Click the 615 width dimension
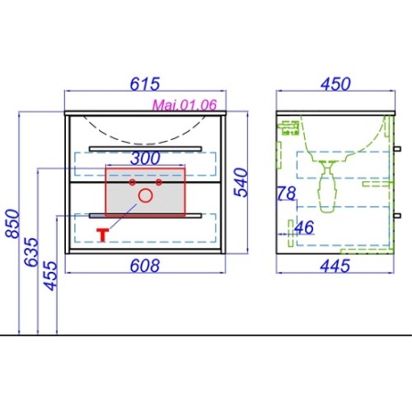coord(145,84)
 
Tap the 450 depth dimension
coord(335,84)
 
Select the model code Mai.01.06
coord(184,105)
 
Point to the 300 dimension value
coord(146,158)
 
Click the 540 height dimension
coord(241,182)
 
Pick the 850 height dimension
coord(13,223)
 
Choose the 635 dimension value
coord(31,252)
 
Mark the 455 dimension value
coord(50,276)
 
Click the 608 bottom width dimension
coord(145,266)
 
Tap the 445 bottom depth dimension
coord(335,266)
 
